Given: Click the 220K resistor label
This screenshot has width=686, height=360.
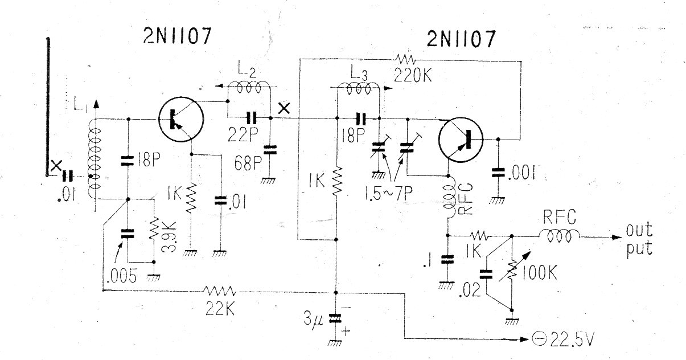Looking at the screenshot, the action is click(x=413, y=75).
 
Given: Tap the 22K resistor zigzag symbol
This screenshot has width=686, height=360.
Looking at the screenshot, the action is click(x=220, y=291).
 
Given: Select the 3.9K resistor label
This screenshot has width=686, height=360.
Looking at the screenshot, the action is click(x=169, y=237).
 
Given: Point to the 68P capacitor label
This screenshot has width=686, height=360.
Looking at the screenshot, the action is click(x=248, y=163).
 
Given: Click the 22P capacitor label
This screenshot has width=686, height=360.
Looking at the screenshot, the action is click(x=243, y=134).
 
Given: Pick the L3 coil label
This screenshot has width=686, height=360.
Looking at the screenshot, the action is click(x=359, y=73).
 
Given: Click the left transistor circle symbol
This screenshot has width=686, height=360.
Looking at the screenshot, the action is click(x=181, y=120).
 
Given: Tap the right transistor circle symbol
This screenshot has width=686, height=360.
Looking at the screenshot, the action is click(x=461, y=140).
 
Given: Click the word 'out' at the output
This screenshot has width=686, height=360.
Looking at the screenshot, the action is click(x=639, y=230).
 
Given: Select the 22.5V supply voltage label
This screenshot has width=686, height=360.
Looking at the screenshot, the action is click(x=572, y=339).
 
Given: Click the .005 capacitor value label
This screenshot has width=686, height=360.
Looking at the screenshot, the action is click(x=122, y=276).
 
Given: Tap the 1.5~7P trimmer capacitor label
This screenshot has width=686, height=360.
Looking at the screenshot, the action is click(x=389, y=193).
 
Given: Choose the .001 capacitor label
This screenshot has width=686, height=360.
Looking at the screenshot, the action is click(x=521, y=173).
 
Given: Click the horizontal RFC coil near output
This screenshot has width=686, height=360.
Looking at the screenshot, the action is click(x=559, y=236).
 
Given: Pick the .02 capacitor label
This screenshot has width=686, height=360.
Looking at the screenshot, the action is click(x=470, y=290).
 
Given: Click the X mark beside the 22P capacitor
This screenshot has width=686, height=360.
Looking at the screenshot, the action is click(x=284, y=108).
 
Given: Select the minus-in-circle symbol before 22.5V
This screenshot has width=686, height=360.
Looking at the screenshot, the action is click(x=539, y=339).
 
